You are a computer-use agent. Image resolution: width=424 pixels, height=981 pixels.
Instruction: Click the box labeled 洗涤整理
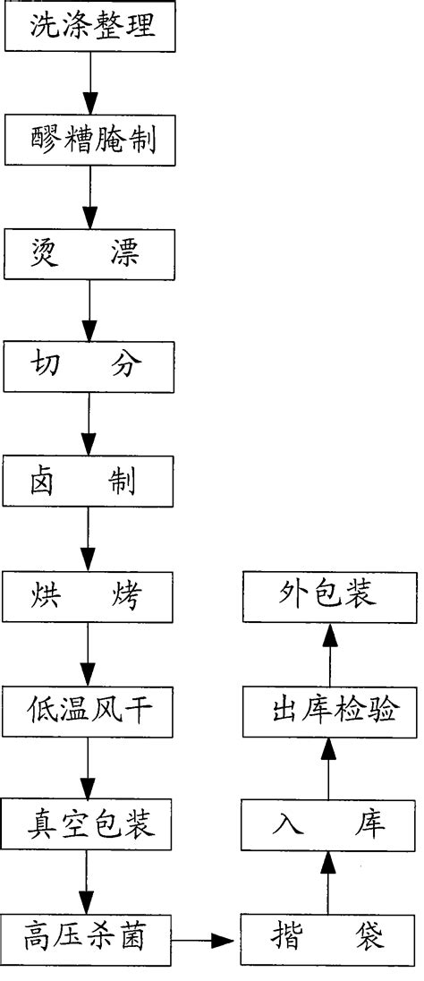pos(89,26)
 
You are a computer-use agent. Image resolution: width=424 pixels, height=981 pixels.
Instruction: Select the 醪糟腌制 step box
pos(89,141)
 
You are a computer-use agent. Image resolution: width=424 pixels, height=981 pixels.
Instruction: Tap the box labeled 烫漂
pos(89,254)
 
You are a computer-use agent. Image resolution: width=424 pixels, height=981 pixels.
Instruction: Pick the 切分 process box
pos(89,368)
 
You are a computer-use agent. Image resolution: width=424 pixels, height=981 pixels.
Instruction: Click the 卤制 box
pos(89,482)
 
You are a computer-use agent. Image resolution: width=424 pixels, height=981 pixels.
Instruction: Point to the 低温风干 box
pos(89,711)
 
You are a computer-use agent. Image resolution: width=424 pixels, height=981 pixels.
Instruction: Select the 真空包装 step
pos(89,824)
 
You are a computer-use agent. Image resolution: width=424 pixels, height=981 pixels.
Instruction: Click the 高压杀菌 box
pos(89,939)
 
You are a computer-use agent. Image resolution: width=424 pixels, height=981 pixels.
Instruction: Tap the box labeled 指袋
pos(328,939)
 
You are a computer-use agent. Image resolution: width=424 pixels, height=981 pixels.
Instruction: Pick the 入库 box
pos(328,824)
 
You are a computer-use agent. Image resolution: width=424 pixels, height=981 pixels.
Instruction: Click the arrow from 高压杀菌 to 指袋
pos(205,940)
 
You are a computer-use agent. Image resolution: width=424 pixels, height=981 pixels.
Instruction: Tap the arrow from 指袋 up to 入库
pos(328,882)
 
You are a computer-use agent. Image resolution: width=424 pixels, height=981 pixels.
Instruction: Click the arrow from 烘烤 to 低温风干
pos(89,653)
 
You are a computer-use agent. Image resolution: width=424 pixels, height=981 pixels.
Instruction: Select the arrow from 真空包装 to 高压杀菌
pos(89,882)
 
